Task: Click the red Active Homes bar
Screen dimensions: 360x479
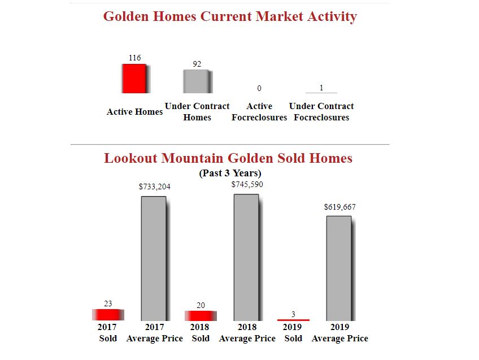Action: (134, 79)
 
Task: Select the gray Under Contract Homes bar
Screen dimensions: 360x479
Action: (197, 81)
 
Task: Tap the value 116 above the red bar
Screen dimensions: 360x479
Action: (134, 58)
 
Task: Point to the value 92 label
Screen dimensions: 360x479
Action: (197, 64)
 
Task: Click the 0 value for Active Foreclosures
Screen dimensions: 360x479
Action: (259, 88)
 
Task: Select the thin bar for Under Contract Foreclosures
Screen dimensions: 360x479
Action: (321, 93)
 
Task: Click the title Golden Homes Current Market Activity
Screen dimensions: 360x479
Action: (230, 16)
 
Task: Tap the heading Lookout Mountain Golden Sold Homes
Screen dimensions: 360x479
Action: (228, 158)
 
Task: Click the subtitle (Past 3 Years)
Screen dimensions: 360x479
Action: (230, 173)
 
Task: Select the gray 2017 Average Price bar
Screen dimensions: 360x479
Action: (154, 258)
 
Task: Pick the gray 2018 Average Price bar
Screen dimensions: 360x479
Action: (246, 257)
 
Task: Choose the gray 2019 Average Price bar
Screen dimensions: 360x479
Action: (339, 268)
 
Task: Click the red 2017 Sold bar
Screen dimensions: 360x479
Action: (107, 315)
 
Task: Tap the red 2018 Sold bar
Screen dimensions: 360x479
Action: (200, 315)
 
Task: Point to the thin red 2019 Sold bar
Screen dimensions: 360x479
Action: (293, 320)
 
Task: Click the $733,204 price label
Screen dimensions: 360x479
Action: (154, 186)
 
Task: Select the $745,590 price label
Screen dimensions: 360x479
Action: (247, 184)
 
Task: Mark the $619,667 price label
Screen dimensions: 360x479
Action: (339, 207)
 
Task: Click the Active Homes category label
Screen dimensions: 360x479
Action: (134, 112)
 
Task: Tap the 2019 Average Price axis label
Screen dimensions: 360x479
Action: (339, 332)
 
